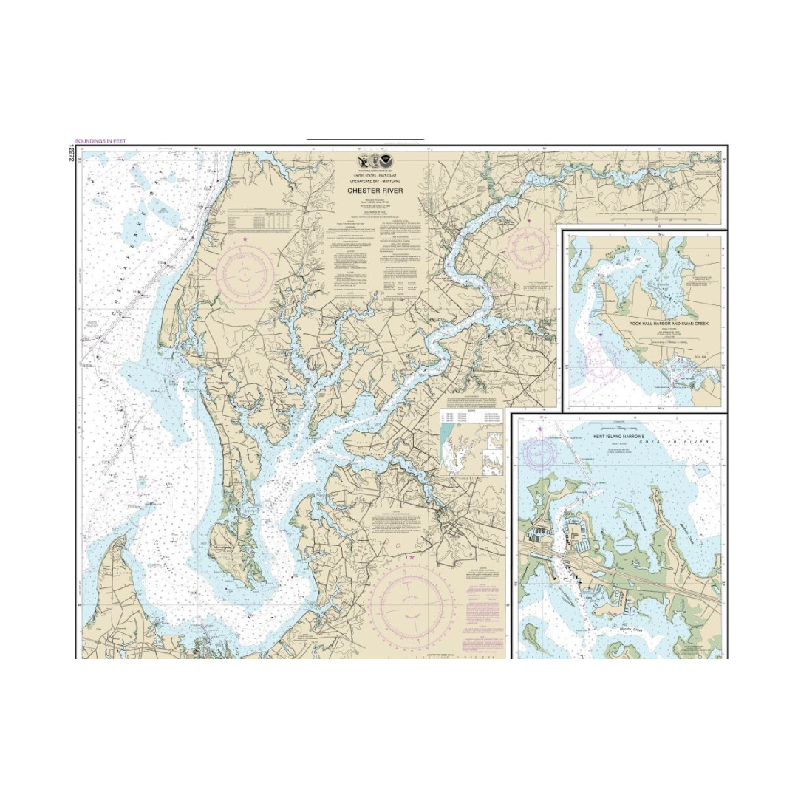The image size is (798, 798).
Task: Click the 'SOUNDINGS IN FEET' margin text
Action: pos(100,141)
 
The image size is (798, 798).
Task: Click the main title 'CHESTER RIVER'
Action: pos(375,191)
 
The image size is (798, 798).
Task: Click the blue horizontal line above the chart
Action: pos(365,139)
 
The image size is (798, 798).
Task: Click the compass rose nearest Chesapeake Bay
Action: pos(245,275)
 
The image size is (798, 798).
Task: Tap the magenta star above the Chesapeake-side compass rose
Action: pos(245,239)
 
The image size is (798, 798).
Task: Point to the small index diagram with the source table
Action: pos(471,442)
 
